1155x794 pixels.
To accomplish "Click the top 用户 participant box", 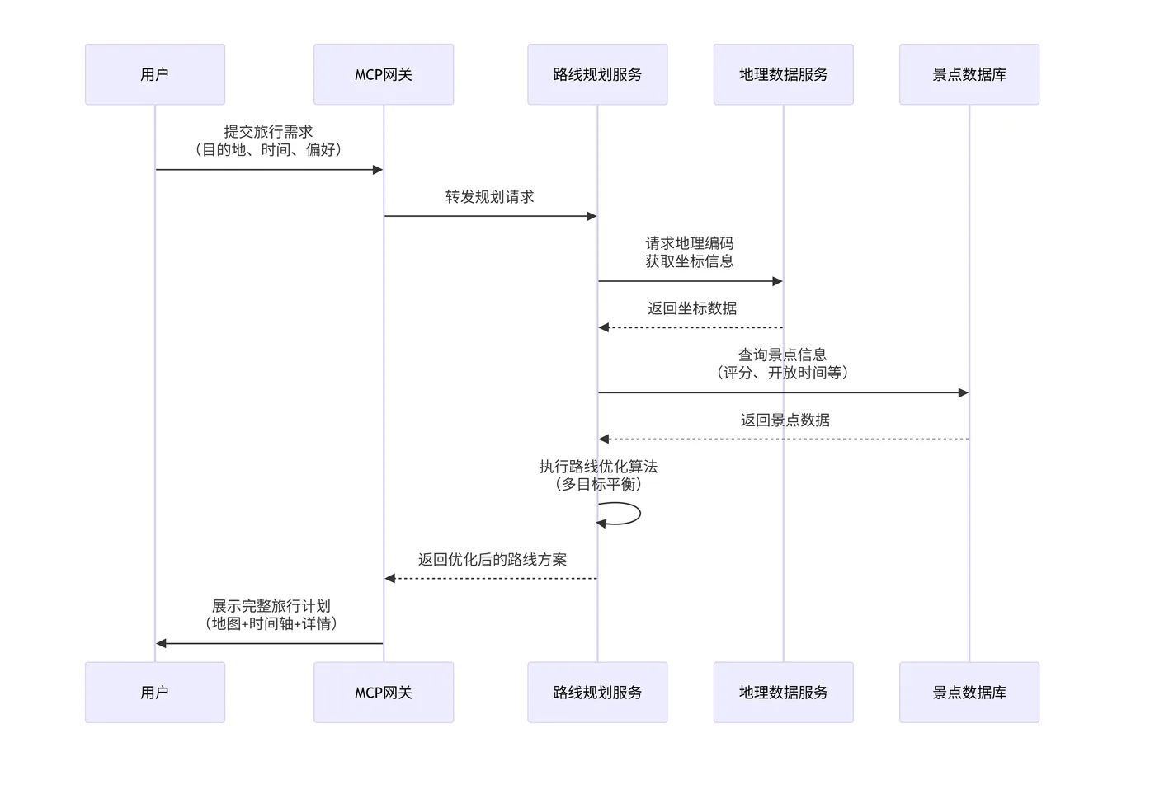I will [155, 74].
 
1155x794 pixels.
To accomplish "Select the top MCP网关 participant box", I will [384, 74].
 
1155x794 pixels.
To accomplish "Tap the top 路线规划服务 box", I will [597, 74].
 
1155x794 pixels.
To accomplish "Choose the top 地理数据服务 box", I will [783, 74].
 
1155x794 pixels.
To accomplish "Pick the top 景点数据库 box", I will [969, 74].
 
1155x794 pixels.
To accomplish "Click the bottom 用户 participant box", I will [155, 693].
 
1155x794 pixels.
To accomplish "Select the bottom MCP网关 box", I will [384, 693].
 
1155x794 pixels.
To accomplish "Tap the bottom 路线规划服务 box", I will [597, 693].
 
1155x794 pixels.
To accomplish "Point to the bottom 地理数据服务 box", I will [783, 693].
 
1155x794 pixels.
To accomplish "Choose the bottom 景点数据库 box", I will [969, 693].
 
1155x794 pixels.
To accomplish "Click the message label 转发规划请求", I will [490, 197].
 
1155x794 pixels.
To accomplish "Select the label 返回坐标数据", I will [692, 308].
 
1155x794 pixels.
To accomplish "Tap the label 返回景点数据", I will [785, 420].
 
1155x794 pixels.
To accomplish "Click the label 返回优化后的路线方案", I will [493, 560].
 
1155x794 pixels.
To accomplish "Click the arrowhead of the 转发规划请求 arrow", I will [592, 216].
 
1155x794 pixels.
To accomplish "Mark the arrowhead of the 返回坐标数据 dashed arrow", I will [604, 327].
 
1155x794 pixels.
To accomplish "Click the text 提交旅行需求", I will [268, 132].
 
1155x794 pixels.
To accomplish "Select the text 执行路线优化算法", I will [598, 467].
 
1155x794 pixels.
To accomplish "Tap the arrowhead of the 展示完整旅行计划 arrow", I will [162, 643].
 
